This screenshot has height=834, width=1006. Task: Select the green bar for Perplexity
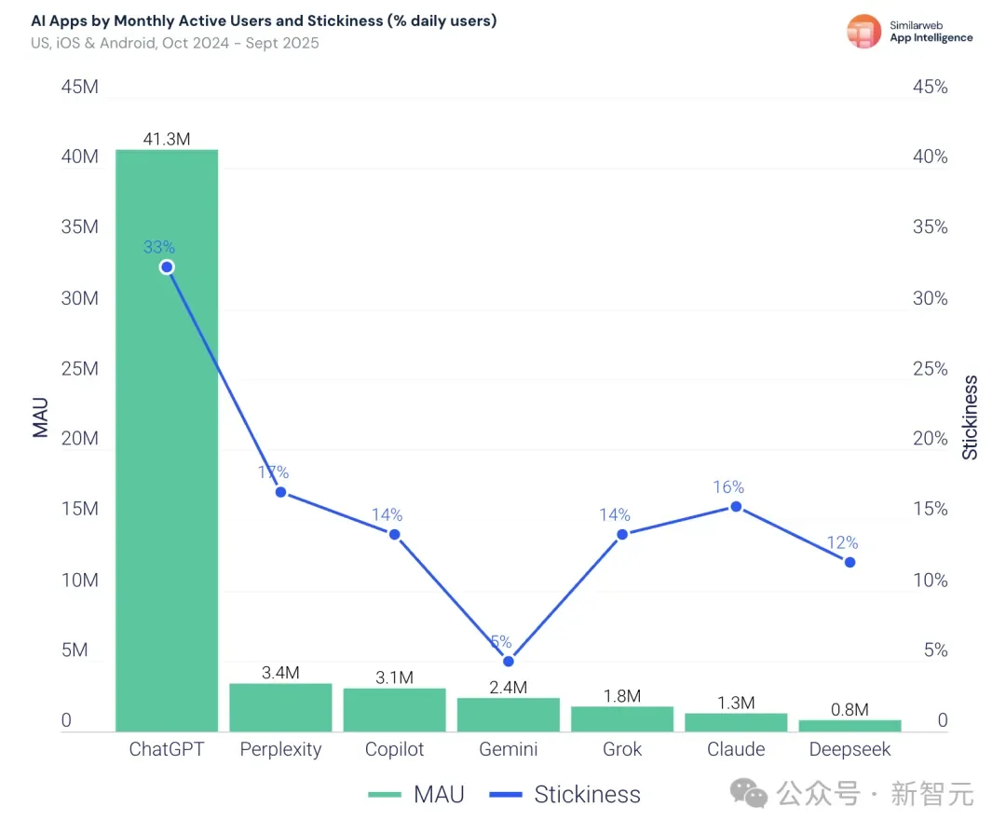click(280, 707)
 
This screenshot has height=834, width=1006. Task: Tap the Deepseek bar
click(850, 726)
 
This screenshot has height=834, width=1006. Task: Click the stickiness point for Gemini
click(509, 662)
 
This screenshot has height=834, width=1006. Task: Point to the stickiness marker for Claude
click(736, 507)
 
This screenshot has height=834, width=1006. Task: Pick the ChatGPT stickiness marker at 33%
click(167, 267)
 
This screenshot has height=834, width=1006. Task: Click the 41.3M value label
click(167, 140)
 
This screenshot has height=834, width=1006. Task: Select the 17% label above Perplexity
click(274, 472)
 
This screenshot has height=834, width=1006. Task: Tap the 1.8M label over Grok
click(622, 696)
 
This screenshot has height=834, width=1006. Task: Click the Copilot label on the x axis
click(394, 749)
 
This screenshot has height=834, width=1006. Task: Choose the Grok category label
click(622, 749)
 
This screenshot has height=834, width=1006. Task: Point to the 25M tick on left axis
click(78, 369)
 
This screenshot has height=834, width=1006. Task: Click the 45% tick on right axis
click(929, 88)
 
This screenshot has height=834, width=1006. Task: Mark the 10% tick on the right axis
click(929, 581)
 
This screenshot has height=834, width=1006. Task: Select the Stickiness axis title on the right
click(971, 417)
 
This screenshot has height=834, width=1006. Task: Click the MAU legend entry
click(415, 795)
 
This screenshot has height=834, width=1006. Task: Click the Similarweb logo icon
click(863, 32)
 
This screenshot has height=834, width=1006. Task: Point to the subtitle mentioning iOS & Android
click(175, 43)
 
